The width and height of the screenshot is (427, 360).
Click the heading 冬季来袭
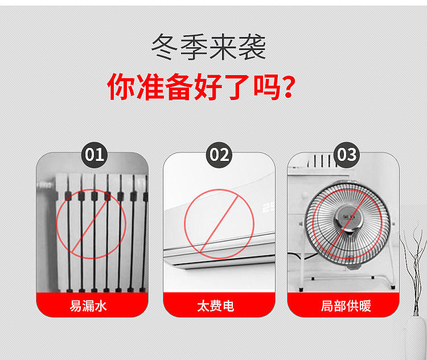click(x=208, y=48)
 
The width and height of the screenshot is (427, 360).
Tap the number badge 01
click(x=95, y=155)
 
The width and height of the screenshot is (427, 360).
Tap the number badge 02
click(x=219, y=155)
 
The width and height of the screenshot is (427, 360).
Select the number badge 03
click(x=346, y=155)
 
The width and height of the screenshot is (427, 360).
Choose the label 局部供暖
click(x=346, y=306)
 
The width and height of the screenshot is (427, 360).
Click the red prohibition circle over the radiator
click(x=91, y=224)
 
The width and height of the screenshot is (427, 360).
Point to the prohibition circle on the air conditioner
click(x=219, y=224)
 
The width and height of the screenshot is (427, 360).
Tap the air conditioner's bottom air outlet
click(x=216, y=260)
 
